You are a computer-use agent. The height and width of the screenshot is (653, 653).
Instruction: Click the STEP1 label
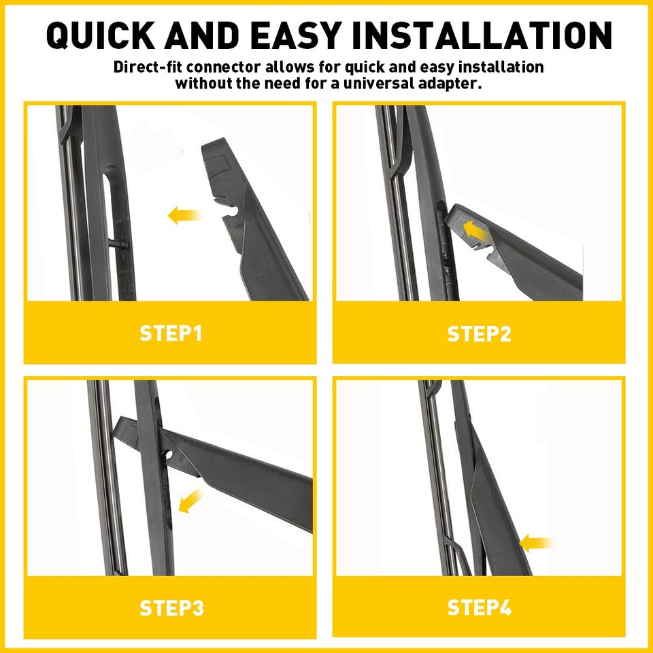coord(171,333)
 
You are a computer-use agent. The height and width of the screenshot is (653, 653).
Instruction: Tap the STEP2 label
coord(479,333)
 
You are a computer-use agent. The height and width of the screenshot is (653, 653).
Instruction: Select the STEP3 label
coord(171,607)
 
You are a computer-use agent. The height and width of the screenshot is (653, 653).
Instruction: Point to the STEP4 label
coord(479,607)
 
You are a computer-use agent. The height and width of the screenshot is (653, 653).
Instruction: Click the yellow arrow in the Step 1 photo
coord(184,216)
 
